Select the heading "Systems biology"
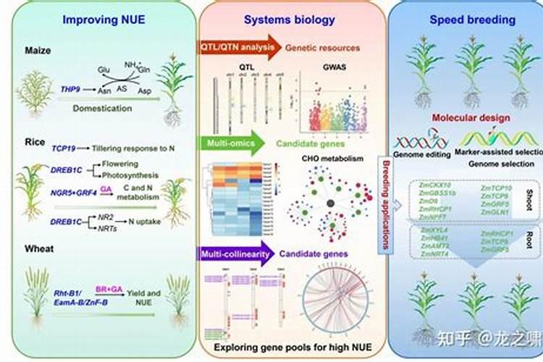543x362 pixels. [290, 20]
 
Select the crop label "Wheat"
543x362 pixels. [37, 248]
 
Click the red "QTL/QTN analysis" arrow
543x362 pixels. [237, 48]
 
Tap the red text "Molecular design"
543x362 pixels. [471, 118]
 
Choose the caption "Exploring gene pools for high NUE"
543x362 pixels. [290, 348]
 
